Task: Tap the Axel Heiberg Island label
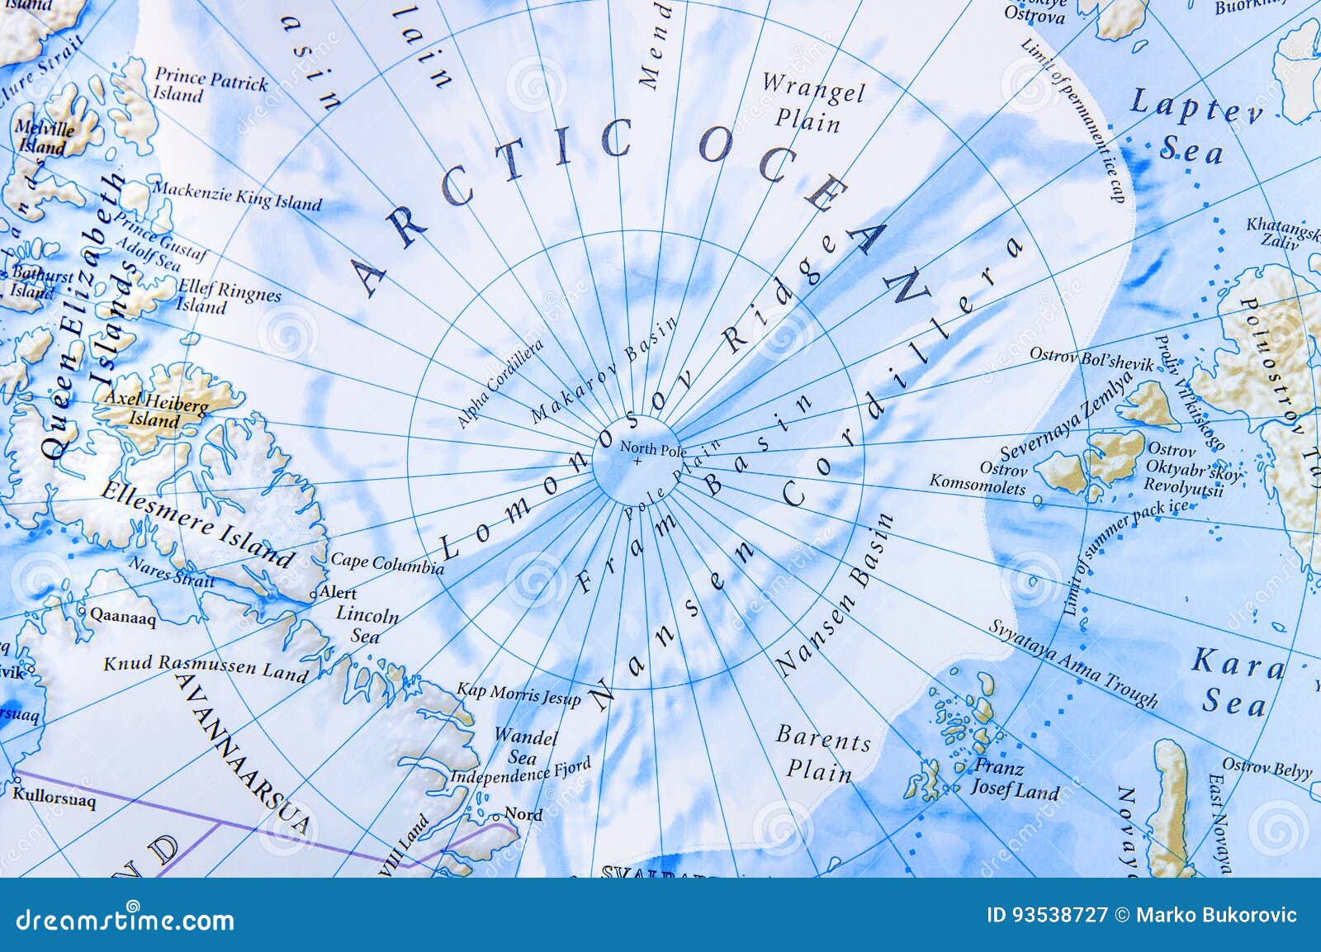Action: tap(155, 410)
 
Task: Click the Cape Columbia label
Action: tap(386, 563)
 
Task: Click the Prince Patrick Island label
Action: tap(211, 86)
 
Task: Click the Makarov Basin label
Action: tap(603, 371)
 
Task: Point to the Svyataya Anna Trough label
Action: tap(1073, 663)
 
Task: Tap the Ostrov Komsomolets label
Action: tap(978, 478)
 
